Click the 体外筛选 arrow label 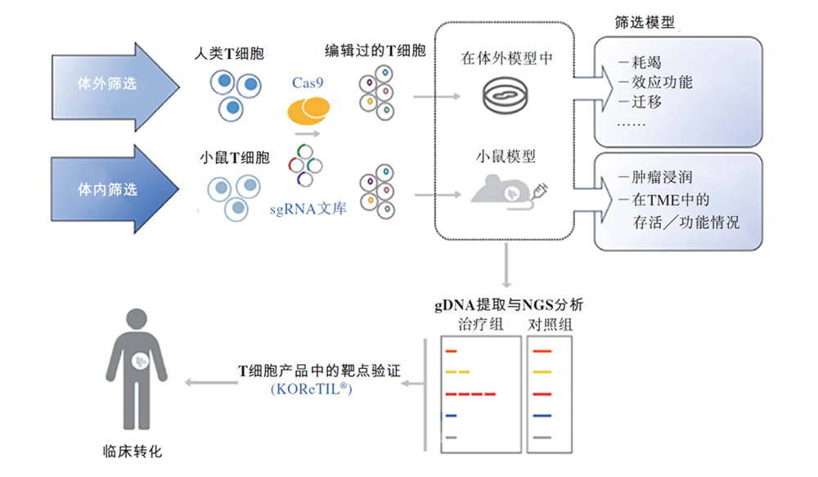tap(106, 83)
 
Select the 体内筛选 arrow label tap(106, 190)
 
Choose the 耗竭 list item tap(645, 62)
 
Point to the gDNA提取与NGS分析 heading tap(508, 306)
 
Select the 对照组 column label tap(550, 326)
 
